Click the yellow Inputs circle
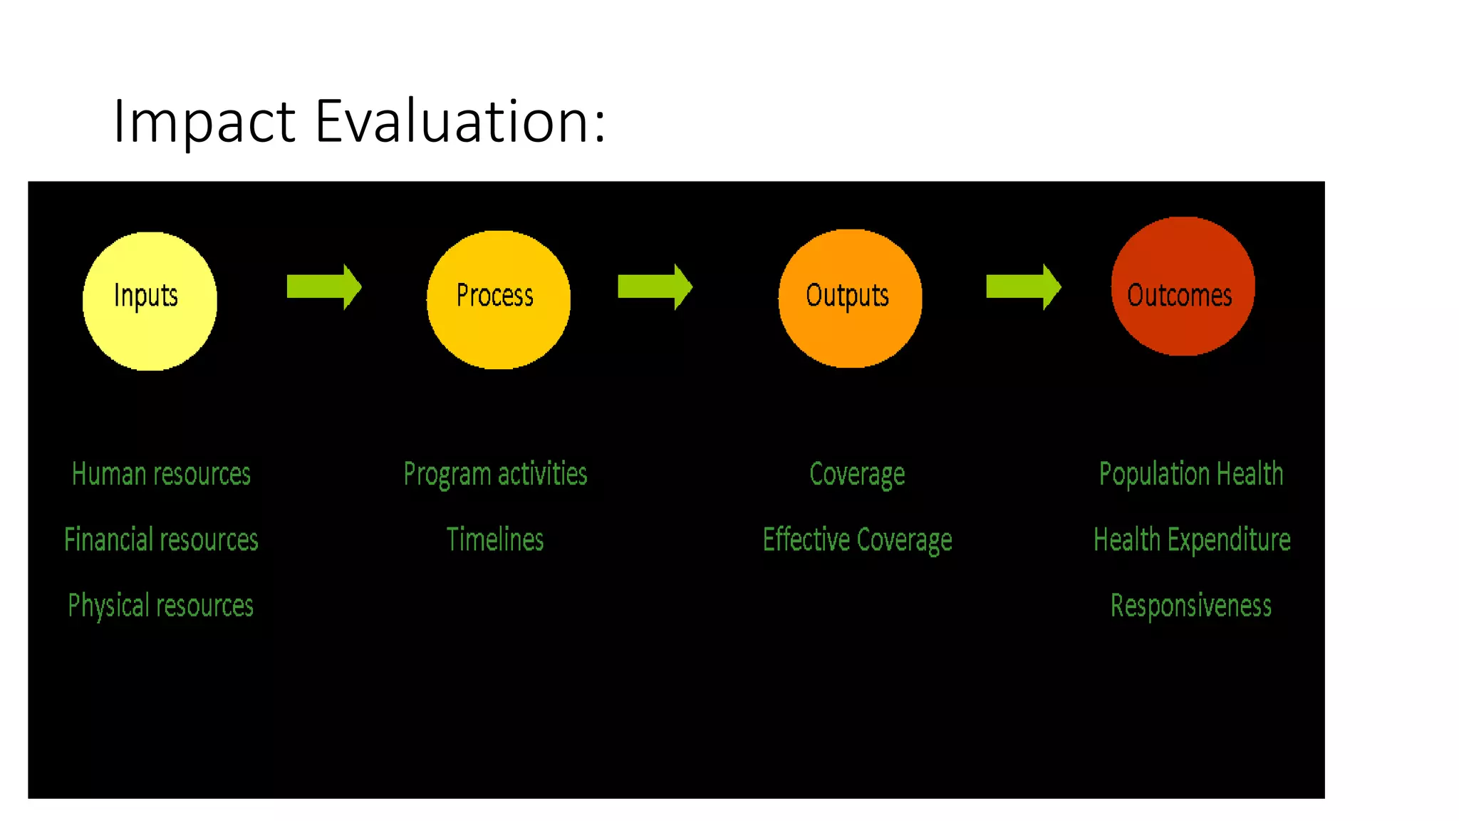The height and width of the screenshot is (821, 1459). pyautogui.click(x=150, y=301)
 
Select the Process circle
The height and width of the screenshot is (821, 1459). pyautogui.click(x=498, y=299)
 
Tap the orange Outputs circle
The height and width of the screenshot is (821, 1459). pyautogui.click(x=849, y=299)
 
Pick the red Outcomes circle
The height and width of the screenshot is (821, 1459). pyautogui.click(x=1182, y=286)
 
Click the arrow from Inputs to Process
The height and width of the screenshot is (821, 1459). pyautogui.click(x=323, y=287)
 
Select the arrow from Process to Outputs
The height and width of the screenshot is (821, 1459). pyautogui.click(x=654, y=287)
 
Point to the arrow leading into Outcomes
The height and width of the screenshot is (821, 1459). pyautogui.click(x=1022, y=287)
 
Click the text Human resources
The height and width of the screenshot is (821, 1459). pyautogui.click(x=161, y=474)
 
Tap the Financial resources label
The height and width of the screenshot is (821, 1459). pyautogui.click(x=161, y=539)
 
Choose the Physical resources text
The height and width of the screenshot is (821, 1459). pyautogui.click(x=161, y=606)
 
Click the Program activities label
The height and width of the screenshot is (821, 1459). pyautogui.click(x=495, y=474)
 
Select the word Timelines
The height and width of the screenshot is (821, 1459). pyautogui.click(x=495, y=539)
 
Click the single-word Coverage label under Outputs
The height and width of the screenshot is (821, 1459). pyautogui.click(x=857, y=474)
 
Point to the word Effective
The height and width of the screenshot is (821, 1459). pyautogui.click(x=806, y=539)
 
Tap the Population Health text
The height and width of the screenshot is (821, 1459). pyautogui.click(x=1190, y=474)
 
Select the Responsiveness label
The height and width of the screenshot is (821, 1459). pyautogui.click(x=1190, y=606)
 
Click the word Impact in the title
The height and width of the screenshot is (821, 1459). pyautogui.click(x=204, y=121)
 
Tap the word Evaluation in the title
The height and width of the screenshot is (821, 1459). pyautogui.click(x=459, y=121)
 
